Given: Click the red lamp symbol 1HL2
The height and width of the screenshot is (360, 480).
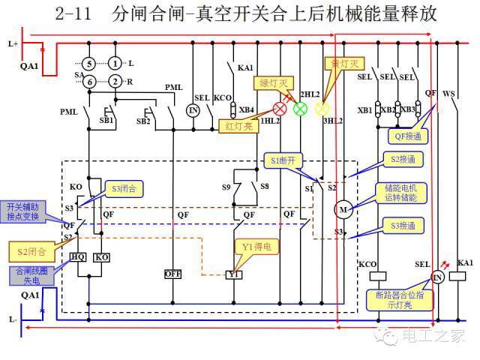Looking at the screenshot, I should click(x=281, y=108).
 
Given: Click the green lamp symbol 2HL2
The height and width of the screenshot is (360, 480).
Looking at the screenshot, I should click(x=300, y=108).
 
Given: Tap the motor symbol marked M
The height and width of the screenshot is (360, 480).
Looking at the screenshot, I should click(x=343, y=208).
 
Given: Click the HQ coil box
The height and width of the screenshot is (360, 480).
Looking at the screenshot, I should click(x=78, y=256).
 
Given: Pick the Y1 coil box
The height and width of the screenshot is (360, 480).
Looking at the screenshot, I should click(x=233, y=275).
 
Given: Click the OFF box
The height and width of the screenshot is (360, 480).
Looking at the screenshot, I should click(x=173, y=274).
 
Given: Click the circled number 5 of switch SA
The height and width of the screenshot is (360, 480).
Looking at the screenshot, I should click(x=89, y=63).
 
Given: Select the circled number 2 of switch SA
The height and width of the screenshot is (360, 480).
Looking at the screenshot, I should click(x=115, y=81).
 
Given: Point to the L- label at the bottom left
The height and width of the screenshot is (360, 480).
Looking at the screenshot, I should click(x=13, y=319).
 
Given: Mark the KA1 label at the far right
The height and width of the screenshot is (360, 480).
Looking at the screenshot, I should click(x=466, y=263).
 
